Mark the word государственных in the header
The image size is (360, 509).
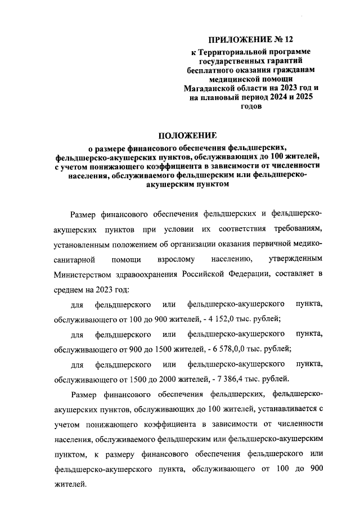point(223,61)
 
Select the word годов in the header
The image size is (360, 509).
point(251,106)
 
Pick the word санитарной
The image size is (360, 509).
point(74,260)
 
